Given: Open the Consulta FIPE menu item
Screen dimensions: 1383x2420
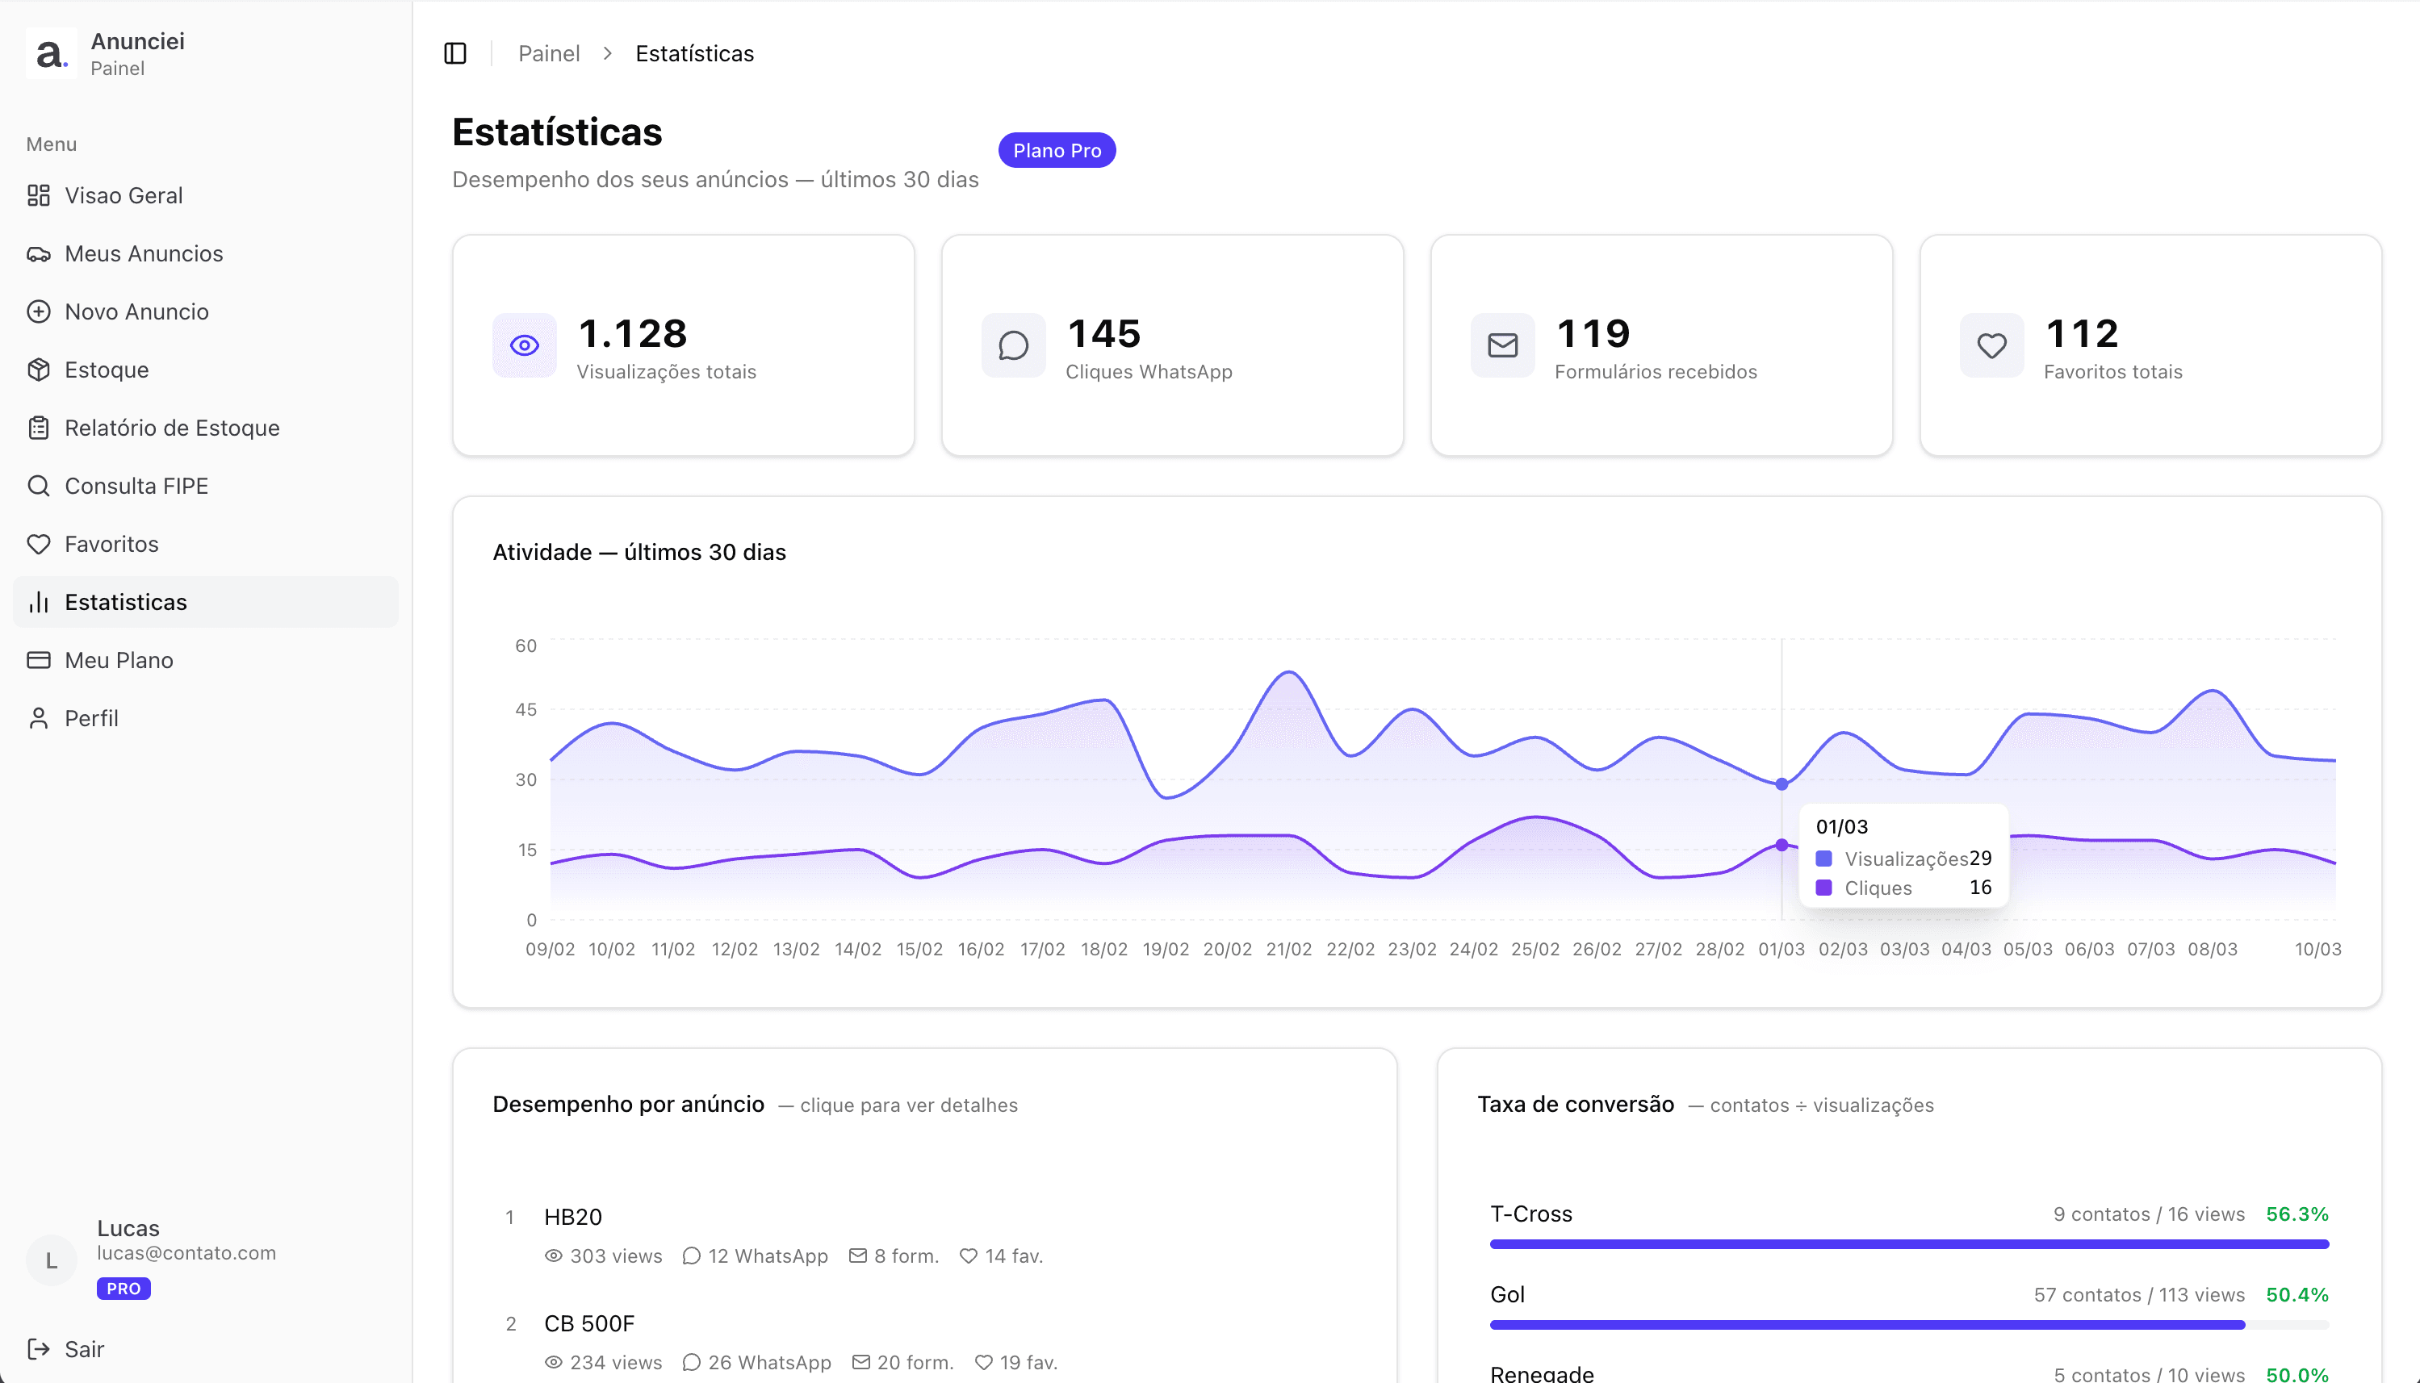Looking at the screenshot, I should point(136,487).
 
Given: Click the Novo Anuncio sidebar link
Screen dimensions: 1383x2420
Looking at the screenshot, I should point(136,311).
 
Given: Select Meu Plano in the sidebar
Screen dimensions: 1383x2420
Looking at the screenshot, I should point(119,660).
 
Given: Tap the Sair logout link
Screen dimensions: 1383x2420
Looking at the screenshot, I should point(84,1349).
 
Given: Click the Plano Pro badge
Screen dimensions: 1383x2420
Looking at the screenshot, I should point(1057,150).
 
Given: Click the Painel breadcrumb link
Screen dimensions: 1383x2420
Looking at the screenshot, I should point(548,53).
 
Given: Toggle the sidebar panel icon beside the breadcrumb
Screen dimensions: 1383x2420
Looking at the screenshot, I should point(455,53).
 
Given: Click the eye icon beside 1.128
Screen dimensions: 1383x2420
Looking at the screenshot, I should point(525,345).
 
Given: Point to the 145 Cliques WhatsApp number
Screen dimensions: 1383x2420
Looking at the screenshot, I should point(1103,333).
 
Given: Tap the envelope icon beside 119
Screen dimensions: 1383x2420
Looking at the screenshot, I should point(1502,345).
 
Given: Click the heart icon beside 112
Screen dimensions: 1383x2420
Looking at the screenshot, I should point(1991,345).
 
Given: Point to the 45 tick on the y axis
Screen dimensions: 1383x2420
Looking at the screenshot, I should point(525,709).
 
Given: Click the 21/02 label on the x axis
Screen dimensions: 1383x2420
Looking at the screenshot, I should point(1288,949).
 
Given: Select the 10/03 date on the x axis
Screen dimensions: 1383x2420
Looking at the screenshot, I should point(2317,949).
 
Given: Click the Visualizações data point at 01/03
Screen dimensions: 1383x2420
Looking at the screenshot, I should point(1782,783).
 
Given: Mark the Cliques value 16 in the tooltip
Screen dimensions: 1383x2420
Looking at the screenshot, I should point(1980,888).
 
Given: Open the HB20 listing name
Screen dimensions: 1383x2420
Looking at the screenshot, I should point(573,1217).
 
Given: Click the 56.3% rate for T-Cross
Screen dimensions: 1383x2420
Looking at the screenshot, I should point(2296,1214).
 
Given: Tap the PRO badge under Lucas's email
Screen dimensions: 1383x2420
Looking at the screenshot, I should point(124,1289).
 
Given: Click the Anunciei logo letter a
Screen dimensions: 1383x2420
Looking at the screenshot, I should point(50,54).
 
